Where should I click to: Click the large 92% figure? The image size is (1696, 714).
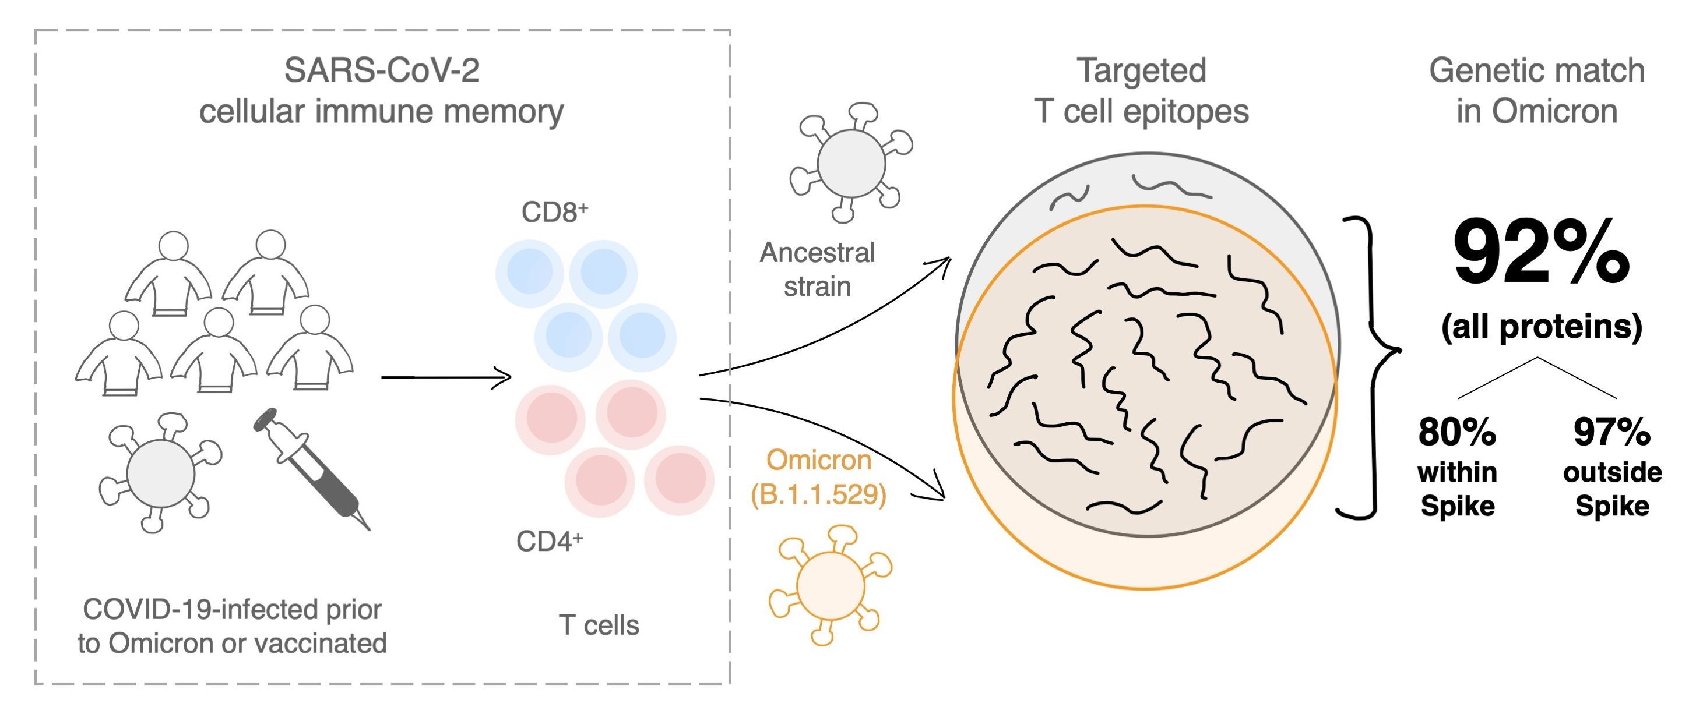(1540, 253)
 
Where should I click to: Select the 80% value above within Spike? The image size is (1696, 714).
(1457, 432)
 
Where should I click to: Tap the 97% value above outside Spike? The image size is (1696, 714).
(1611, 432)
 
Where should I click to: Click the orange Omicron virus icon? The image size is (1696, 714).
(829, 584)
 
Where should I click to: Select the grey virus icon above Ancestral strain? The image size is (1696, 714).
(851, 162)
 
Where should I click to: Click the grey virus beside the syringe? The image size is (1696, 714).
(160, 472)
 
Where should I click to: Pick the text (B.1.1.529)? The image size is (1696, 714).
(818, 495)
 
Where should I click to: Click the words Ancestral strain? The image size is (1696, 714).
(817, 269)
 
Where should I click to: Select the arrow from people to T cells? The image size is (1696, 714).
(446, 377)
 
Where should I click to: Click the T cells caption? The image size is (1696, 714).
(599, 625)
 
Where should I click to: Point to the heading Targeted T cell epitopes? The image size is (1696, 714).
(1141, 90)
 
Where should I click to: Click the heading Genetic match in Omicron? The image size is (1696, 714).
(1537, 90)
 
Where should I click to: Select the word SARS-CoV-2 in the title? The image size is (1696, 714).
(382, 70)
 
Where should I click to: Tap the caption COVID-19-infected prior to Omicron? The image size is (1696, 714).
(232, 625)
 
